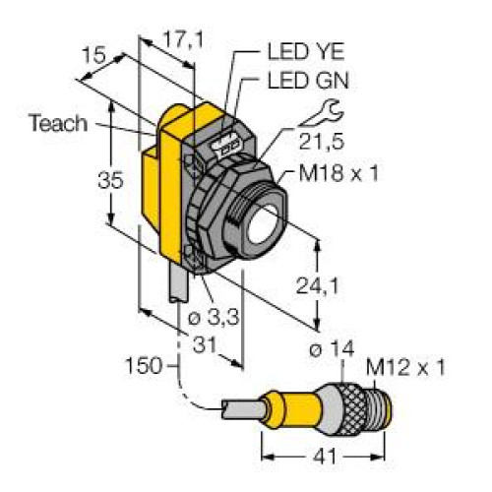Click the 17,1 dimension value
(x=183, y=39)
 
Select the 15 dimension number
(x=93, y=55)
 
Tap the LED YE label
(x=306, y=51)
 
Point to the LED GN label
(x=308, y=81)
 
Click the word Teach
(x=58, y=123)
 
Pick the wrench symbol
(x=322, y=114)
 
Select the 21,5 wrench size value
(x=321, y=142)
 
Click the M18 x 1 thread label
(x=338, y=172)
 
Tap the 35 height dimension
(x=110, y=180)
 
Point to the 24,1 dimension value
(x=317, y=285)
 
